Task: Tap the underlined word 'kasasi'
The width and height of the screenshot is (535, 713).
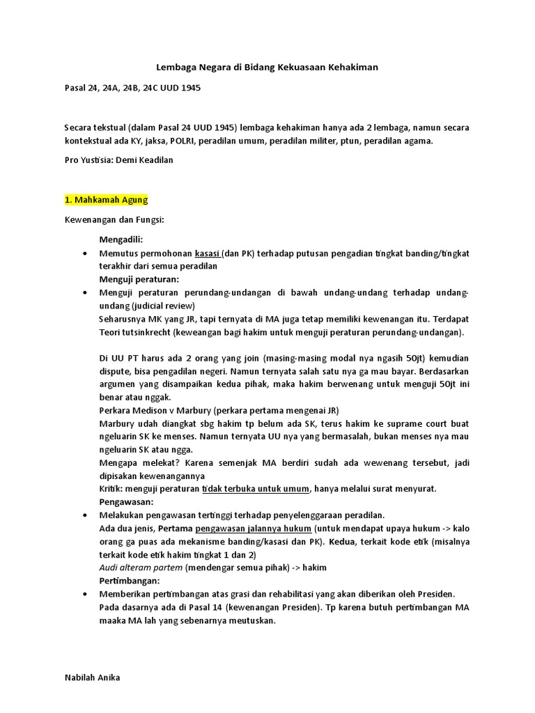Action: pyautogui.click(x=208, y=253)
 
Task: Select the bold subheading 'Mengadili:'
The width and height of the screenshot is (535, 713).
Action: pyautogui.click(x=121, y=240)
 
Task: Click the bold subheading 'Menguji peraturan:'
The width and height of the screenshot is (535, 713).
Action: pyautogui.click(x=139, y=279)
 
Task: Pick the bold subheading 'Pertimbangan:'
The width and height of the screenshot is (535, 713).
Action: pyautogui.click(x=130, y=581)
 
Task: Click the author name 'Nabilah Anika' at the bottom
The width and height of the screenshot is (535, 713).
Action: pyautogui.click(x=92, y=677)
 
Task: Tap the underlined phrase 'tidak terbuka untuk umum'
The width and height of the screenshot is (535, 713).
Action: pyautogui.click(x=256, y=488)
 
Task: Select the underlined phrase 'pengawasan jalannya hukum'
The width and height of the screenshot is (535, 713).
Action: pyautogui.click(x=253, y=528)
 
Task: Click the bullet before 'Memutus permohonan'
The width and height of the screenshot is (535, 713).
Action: pyautogui.click(x=85, y=253)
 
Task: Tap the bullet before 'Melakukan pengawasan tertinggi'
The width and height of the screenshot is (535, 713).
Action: pyautogui.click(x=85, y=515)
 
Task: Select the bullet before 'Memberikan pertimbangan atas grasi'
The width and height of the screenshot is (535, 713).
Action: pyautogui.click(x=85, y=594)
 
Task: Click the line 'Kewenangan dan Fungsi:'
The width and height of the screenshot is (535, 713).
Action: pyautogui.click(x=114, y=220)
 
